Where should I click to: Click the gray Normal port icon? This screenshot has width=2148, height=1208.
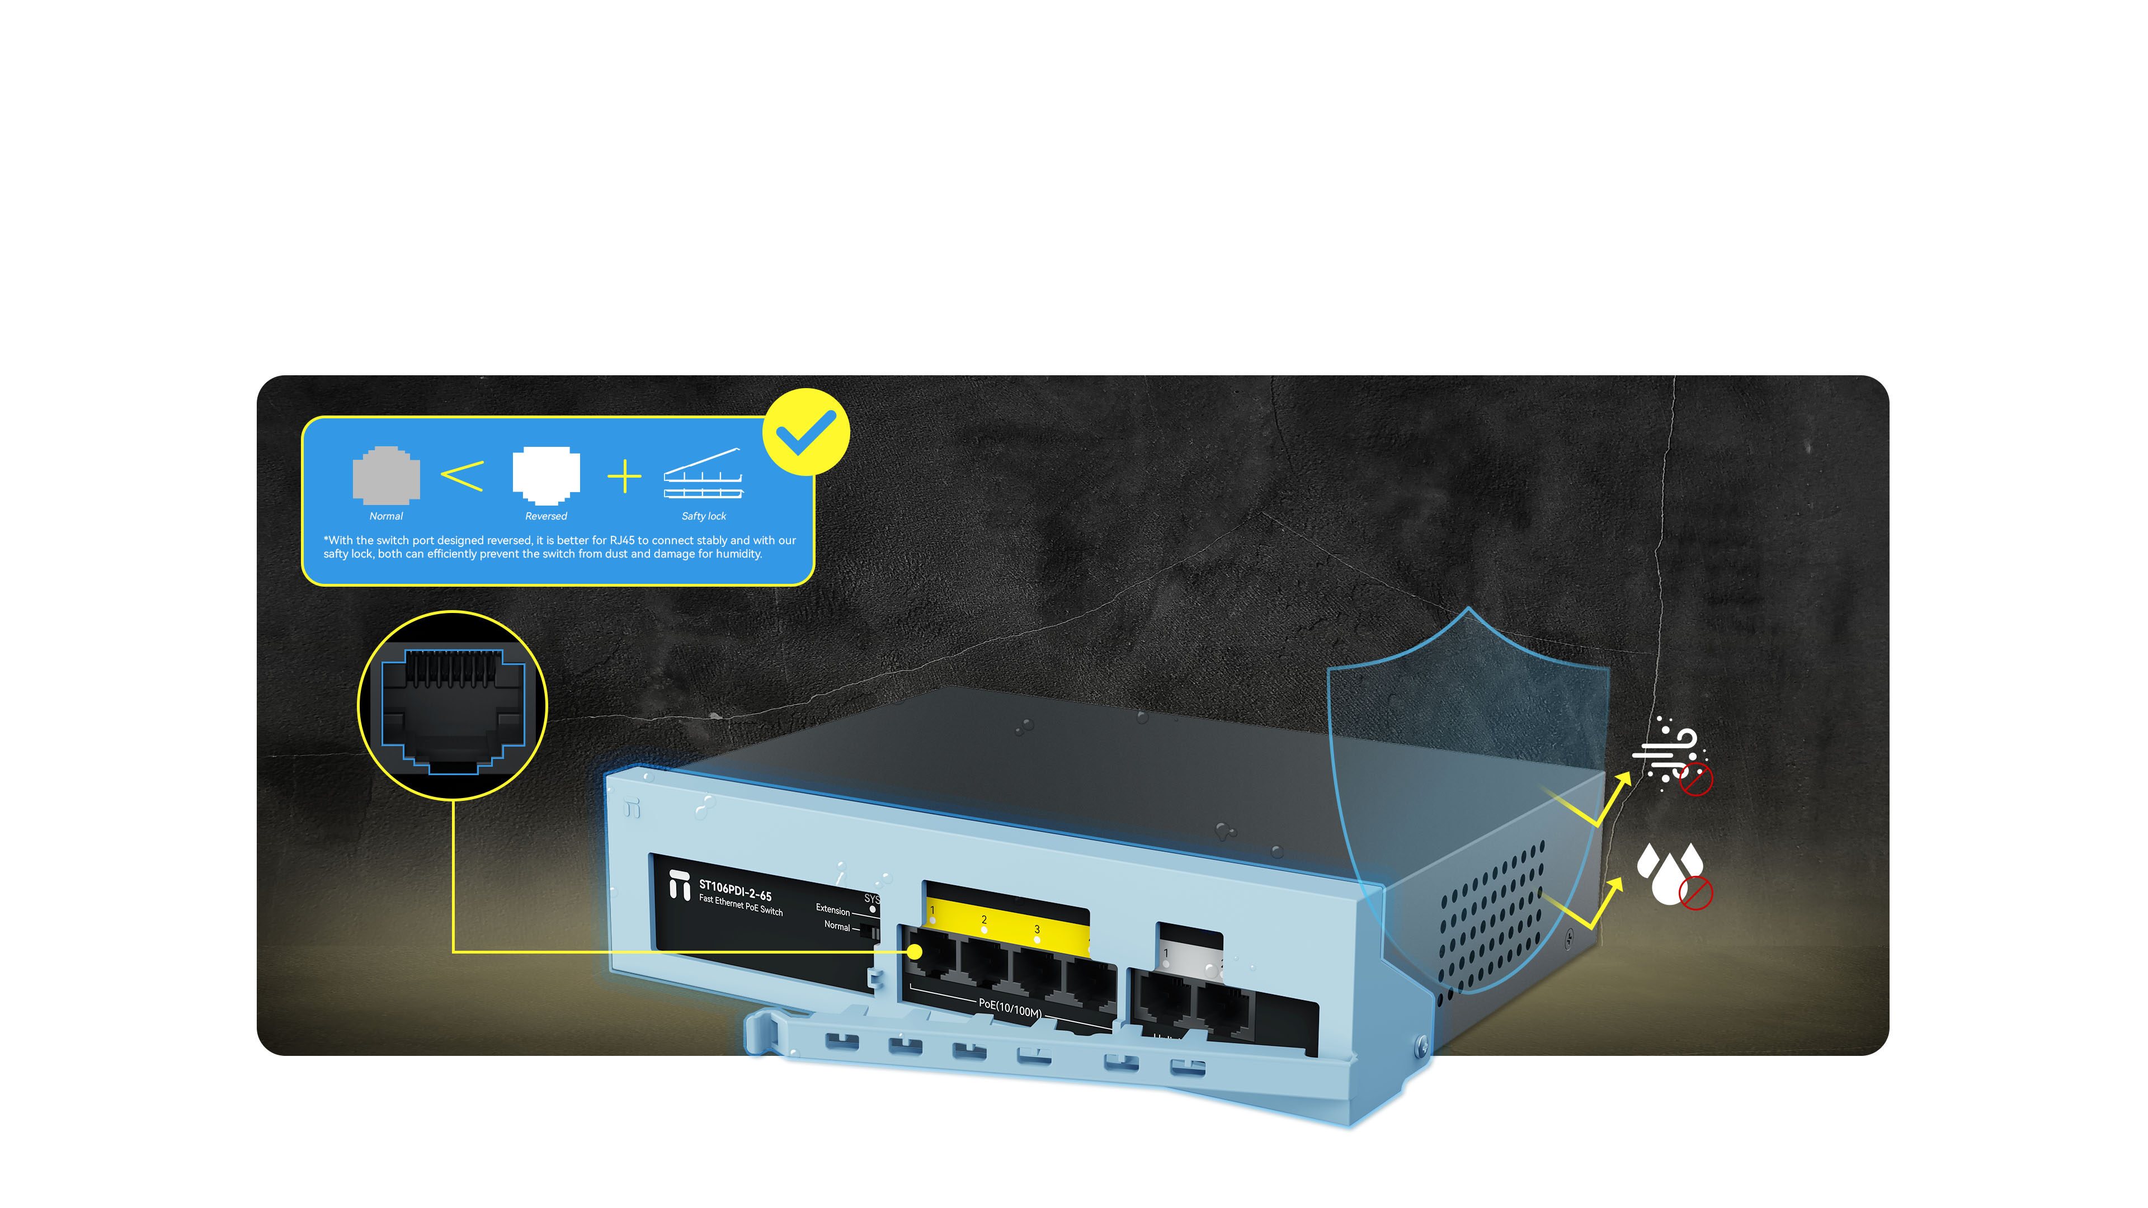(x=386, y=475)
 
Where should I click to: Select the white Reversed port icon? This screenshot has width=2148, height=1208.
(x=546, y=475)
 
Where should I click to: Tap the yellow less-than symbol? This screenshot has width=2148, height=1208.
(x=462, y=476)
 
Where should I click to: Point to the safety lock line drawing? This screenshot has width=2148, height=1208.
(x=703, y=474)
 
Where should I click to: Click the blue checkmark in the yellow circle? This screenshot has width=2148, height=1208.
(x=805, y=432)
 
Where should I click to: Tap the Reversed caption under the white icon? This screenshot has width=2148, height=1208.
(x=546, y=516)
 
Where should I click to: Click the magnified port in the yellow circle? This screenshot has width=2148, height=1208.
(x=453, y=706)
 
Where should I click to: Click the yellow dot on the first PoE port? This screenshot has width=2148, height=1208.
(x=915, y=951)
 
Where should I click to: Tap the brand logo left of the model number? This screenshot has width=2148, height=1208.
(x=680, y=885)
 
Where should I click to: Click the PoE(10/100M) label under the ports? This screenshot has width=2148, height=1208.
(x=1010, y=1008)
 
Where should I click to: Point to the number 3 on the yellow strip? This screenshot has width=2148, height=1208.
(x=1037, y=929)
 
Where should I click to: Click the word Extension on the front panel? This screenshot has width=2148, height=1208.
(x=832, y=909)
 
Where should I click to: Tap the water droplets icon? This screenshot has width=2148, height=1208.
(x=1670, y=873)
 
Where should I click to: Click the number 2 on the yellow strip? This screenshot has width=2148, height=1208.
(x=984, y=919)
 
